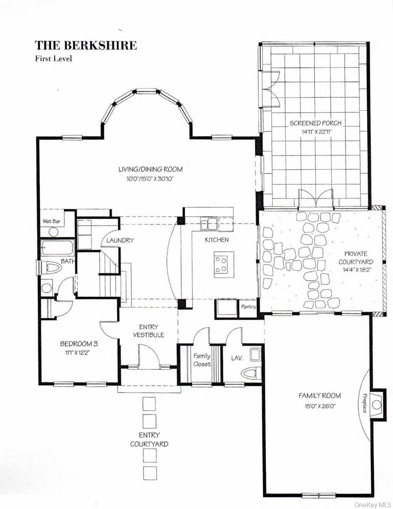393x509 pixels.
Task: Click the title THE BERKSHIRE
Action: [x=86, y=46]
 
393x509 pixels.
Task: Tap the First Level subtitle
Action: [x=54, y=59]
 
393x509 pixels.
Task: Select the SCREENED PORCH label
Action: [x=315, y=123]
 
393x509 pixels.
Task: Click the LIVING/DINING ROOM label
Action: [x=150, y=169]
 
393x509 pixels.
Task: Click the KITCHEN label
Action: [x=216, y=240]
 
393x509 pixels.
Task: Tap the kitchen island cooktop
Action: [x=221, y=265]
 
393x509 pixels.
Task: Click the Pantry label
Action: [x=248, y=307]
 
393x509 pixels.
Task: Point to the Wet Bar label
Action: [x=52, y=221]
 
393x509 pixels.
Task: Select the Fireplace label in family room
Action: [x=364, y=403]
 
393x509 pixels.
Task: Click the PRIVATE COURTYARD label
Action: [x=356, y=258]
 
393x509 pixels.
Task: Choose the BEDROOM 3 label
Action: [x=76, y=344]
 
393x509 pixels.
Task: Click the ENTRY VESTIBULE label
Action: [x=149, y=331]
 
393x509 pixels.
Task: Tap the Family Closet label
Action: [x=202, y=360]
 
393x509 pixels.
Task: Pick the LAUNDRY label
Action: [x=120, y=240]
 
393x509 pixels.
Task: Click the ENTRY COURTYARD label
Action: [x=149, y=440]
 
